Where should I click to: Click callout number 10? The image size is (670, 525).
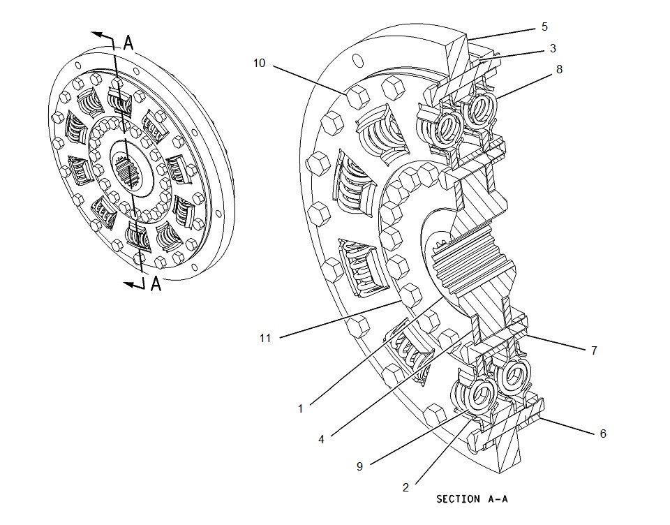tap(259, 63)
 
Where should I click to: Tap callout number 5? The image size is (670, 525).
tap(544, 27)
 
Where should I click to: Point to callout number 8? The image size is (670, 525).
tap(559, 69)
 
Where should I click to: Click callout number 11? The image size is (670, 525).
tap(265, 338)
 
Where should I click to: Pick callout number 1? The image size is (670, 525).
tap(301, 408)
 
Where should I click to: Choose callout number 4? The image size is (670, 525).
tap(321, 439)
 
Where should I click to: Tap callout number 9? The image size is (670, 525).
tap(359, 466)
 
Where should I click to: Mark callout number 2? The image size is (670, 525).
tap(405, 487)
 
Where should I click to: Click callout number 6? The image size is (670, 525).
tap(603, 433)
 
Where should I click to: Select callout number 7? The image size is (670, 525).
tap(594, 350)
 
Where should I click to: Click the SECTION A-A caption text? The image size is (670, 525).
tap(468, 499)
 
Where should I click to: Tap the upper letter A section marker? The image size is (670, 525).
tap(129, 43)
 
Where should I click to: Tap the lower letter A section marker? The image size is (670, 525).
tap(156, 284)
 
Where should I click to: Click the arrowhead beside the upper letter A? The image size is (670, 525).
tap(98, 34)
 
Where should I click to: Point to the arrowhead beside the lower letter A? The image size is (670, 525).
tap(129, 283)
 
